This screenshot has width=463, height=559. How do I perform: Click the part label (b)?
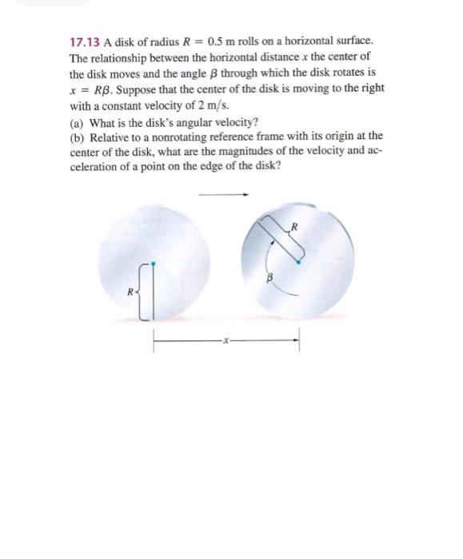pos(78,136)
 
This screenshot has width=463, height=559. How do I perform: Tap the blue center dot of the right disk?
pos(299,260)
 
